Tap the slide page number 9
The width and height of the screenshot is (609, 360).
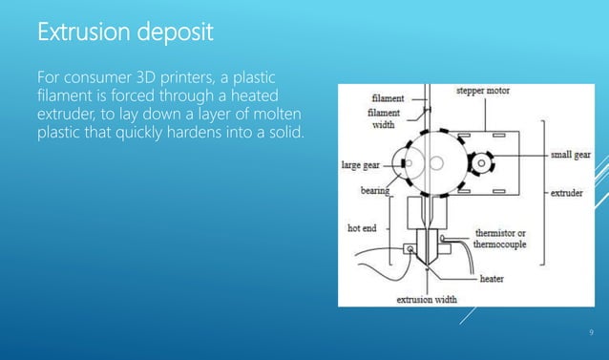pyautogui.click(x=591, y=331)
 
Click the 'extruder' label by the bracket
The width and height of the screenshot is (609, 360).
pyautogui.click(x=570, y=192)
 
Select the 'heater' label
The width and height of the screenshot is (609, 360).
pyautogui.click(x=491, y=279)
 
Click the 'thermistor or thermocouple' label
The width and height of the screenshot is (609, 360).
pyautogui.click(x=507, y=239)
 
